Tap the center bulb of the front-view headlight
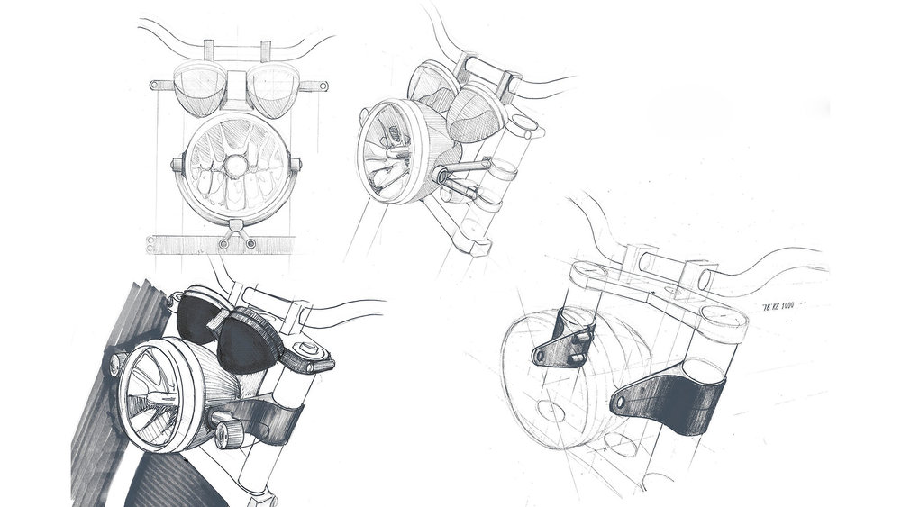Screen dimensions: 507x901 236,167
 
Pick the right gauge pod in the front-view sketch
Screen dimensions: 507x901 274,90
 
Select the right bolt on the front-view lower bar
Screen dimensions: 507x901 250,243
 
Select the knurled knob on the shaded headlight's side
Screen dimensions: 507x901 224,436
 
